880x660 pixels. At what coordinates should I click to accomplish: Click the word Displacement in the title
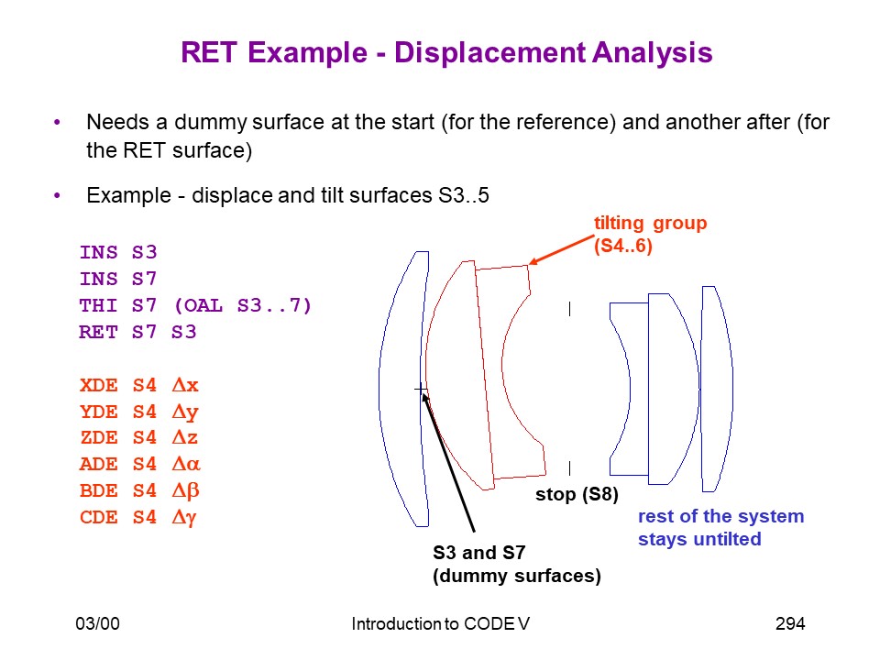tap(489, 53)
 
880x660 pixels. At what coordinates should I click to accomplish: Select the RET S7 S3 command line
tap(137, 332)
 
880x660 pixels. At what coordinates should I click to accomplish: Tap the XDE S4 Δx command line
tap(139, 386)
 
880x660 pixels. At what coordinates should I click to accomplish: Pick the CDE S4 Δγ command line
tap(138, 517)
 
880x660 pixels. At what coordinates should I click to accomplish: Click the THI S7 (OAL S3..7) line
tap(194, 306)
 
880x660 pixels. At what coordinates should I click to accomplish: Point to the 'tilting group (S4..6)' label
tap(651, 235)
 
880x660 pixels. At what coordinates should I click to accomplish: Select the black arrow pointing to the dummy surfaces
tap(448, 462)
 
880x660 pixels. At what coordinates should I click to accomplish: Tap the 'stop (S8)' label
tap(577, 494)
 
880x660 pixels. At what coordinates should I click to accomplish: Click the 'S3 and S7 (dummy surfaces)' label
tap(516, 565)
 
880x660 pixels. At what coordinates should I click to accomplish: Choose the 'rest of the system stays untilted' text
tap(720, 528)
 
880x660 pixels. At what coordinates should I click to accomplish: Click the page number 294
tap(790, 623)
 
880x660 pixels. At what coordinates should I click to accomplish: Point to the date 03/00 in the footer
tap(98, 623)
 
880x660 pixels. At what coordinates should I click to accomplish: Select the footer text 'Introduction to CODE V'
tap(441, 623)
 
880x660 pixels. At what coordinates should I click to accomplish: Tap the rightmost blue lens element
tap(717, 389)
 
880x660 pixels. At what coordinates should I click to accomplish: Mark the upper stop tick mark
tap(569, 309)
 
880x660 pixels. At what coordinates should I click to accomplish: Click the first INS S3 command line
tap(118, 253)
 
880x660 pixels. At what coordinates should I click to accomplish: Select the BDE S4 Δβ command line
tap(139, 491)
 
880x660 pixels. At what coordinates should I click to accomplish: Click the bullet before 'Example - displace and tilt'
tap(57, 195)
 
